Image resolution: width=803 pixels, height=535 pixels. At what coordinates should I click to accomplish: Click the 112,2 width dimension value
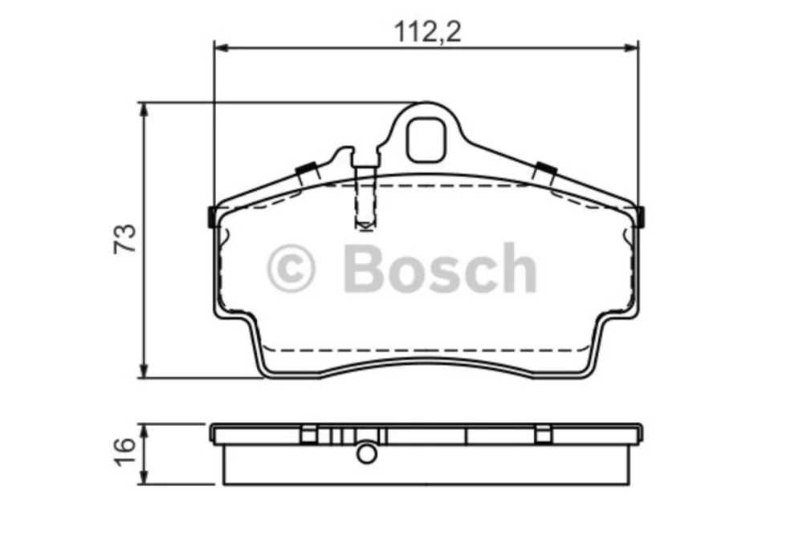click(x=428, y=32)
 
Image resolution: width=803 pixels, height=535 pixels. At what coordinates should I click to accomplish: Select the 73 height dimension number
click(x=125, y=238)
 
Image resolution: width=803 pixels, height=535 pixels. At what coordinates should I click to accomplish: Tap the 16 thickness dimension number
click(x=125, y=450)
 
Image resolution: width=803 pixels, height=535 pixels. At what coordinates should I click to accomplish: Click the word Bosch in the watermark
click(x=439, y=268)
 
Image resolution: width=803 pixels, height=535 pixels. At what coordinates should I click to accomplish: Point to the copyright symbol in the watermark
click(x=291, y=268)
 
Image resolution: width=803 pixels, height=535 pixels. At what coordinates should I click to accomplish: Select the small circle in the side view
click(x=367, y=453)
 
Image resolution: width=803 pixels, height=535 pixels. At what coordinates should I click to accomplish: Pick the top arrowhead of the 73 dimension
click(x=145, y=109)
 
